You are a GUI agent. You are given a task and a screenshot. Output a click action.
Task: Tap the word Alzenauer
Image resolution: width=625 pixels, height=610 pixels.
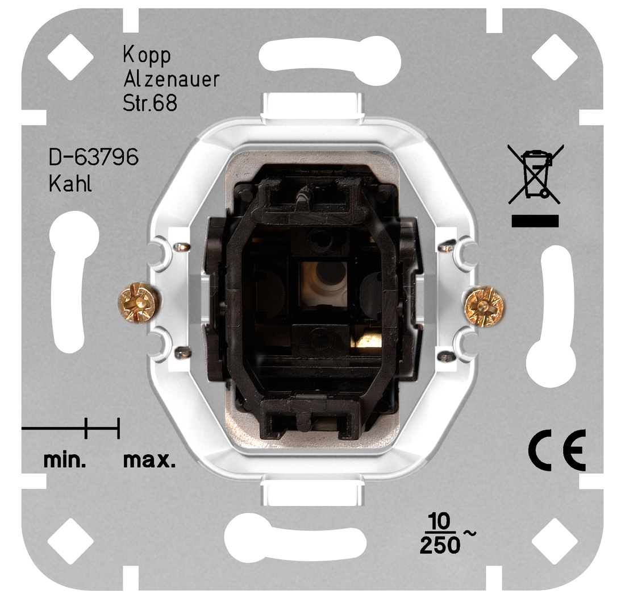pyautogui.click(x=171, y=80)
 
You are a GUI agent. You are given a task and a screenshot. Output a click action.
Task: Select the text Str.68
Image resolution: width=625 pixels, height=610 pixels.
pyautogui.click(x=150, y=103)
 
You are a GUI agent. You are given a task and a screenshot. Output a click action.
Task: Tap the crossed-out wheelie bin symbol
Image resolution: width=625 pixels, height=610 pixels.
pyautogui.click(x=535, y=174)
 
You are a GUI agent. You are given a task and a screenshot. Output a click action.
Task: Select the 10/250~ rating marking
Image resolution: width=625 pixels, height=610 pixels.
pyautogui.click(x=444, y=535)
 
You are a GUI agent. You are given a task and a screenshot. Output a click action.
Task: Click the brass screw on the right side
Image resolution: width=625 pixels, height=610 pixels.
pyautogui.click(x=484, y=308)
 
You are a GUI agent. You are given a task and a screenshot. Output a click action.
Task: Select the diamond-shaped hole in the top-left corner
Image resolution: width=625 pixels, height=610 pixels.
pyautogui.click(x=70, y=57)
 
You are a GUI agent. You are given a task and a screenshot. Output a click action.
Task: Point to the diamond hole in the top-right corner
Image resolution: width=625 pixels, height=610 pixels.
pyautogui.click(x=554, y=57)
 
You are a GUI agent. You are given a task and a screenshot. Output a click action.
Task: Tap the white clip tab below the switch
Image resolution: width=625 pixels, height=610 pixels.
pyautogui.click(x=312, y=492)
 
